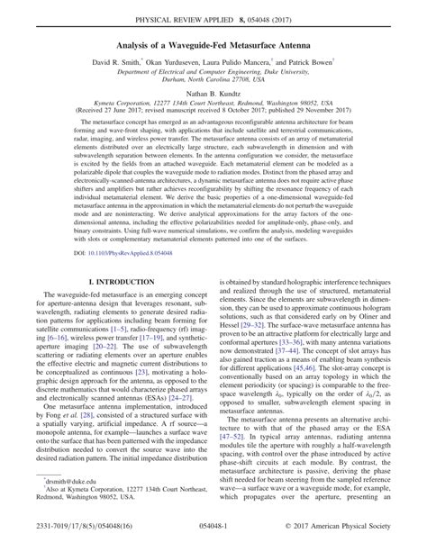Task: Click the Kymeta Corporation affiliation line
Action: [213, 103]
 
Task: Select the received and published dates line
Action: [213, 110]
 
